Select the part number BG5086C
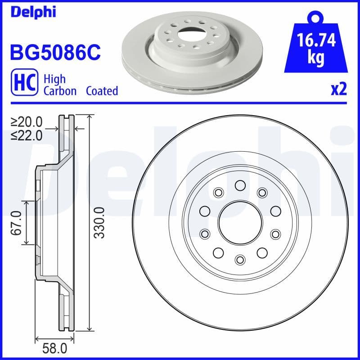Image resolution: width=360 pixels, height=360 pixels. (55, 53)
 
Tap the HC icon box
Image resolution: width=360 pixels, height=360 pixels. (23, 84)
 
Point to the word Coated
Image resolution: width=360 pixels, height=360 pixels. (102, 91)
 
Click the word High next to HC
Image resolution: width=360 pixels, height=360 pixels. (54, 79)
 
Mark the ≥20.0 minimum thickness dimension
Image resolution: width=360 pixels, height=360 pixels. (29, 121)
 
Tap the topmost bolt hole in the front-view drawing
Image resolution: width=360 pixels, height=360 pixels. (240, 185)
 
